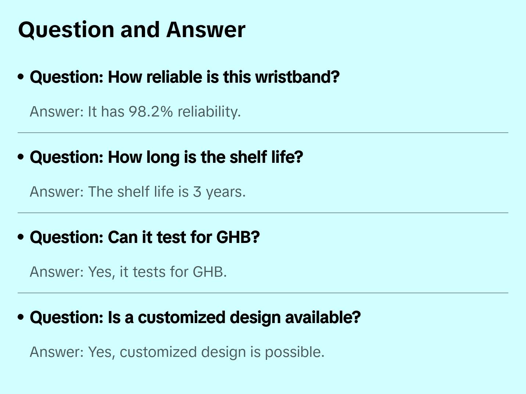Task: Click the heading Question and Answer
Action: (x=131, y=30)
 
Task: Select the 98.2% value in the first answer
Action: (x=151, y=112)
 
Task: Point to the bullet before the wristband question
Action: (x=21, y=77)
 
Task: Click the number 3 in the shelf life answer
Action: (x=197, y=192)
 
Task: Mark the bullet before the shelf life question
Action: (x=21, y=157)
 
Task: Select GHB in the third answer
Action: (x=209, y=272)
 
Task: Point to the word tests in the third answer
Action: (x=149, y=272)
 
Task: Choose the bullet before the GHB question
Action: (x=21, y=237)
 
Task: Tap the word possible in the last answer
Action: (x=295, y=352)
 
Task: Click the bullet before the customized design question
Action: (x=21, y=317)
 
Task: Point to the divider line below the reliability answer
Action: (x=263, y=133)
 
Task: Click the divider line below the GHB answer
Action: (x=263, y=293)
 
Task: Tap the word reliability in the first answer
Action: (x=209, y=112)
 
